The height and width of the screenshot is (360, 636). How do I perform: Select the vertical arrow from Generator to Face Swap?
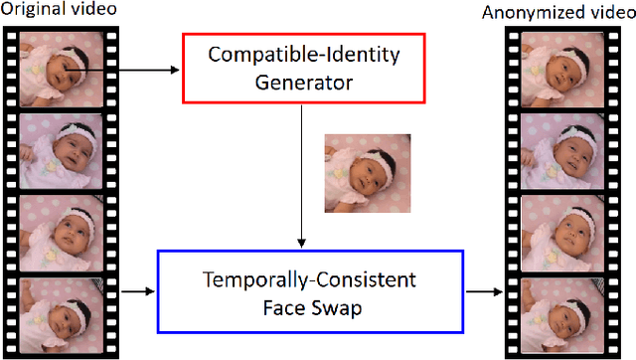tap(302, 174)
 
